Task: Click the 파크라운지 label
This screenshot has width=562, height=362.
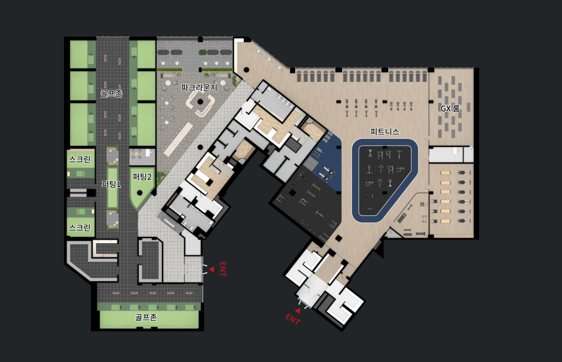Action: click(x=199, y=88)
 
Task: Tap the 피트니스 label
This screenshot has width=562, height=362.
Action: click(x=385, y=131)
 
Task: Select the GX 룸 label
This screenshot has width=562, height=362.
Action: click(x=450, y=108)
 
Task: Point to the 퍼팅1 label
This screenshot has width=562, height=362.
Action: click(x=111, y=184)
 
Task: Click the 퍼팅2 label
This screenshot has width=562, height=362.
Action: click(x=142, y=176)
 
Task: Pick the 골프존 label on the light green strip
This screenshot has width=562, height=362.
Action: click(x=146, y=317)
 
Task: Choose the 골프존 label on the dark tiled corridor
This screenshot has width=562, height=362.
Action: click(x=112, y=94)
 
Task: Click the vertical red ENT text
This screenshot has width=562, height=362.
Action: click(x=223, y=269)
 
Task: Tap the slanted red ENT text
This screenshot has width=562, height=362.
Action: click(x=292, y=319)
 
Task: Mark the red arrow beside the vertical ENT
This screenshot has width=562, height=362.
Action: click(x=212, y=269)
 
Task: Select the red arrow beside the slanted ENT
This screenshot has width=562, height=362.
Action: click(x=297, y=311)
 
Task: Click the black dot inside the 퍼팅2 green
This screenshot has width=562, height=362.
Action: click(x=140, y=193)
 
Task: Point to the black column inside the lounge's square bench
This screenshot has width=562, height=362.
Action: click(x=200, y=102)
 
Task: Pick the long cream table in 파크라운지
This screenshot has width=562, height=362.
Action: click(x=178, y=139)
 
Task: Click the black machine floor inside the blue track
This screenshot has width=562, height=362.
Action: click(x=384, y=179)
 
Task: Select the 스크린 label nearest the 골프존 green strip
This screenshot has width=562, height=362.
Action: click(x=80, y=227)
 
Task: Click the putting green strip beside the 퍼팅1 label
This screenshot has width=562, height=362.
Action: click(x=112, y=188)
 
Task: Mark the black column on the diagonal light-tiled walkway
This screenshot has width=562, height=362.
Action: click(x=200, y=147)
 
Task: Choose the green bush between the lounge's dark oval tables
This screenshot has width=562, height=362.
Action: click(x=203, y=52)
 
